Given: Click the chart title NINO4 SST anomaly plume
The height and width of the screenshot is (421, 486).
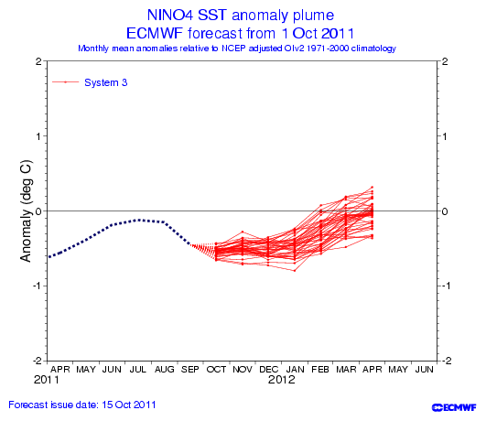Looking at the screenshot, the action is (x=241, y=16).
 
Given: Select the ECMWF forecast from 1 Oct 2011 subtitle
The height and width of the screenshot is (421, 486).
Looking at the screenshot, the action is (x=240, y=33).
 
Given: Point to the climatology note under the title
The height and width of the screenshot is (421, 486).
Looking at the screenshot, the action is (x=237, y=49).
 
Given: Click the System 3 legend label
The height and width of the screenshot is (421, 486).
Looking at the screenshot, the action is (x=105, y=82).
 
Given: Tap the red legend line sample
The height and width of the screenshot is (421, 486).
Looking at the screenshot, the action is (x=65, y=82).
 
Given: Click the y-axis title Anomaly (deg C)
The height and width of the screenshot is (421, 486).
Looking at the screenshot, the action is (x=26, y=211).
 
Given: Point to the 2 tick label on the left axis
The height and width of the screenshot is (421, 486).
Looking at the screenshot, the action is (x=38, y=61).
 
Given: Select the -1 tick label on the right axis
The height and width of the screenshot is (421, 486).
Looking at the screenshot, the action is (x=445, y=286).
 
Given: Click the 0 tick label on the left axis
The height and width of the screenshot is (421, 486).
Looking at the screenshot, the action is (x=38, y=211).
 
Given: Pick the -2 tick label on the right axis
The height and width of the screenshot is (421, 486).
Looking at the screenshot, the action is (x=445, y=361).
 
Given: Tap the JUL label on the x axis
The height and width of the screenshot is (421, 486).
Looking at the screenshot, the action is (x=137, y=369).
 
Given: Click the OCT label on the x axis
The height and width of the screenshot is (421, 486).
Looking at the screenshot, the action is (x=216, y=369).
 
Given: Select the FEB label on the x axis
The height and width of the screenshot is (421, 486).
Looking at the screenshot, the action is (x=320, y=369).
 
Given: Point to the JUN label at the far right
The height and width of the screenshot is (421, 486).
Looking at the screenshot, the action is (x=425, y=369).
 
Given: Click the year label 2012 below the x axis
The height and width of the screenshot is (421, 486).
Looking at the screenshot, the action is (x=282, y=380).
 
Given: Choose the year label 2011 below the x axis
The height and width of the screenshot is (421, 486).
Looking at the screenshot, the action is (x=46, y=380).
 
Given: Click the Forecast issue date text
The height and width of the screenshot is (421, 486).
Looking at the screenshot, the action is (x=82, y=405).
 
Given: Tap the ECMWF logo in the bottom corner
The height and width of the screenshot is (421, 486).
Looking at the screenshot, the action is (x=454, y=407).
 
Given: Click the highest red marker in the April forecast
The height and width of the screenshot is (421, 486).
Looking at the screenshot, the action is (x=373, y=188).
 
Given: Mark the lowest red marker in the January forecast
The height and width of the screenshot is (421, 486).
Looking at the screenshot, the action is (x=295, y=271).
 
